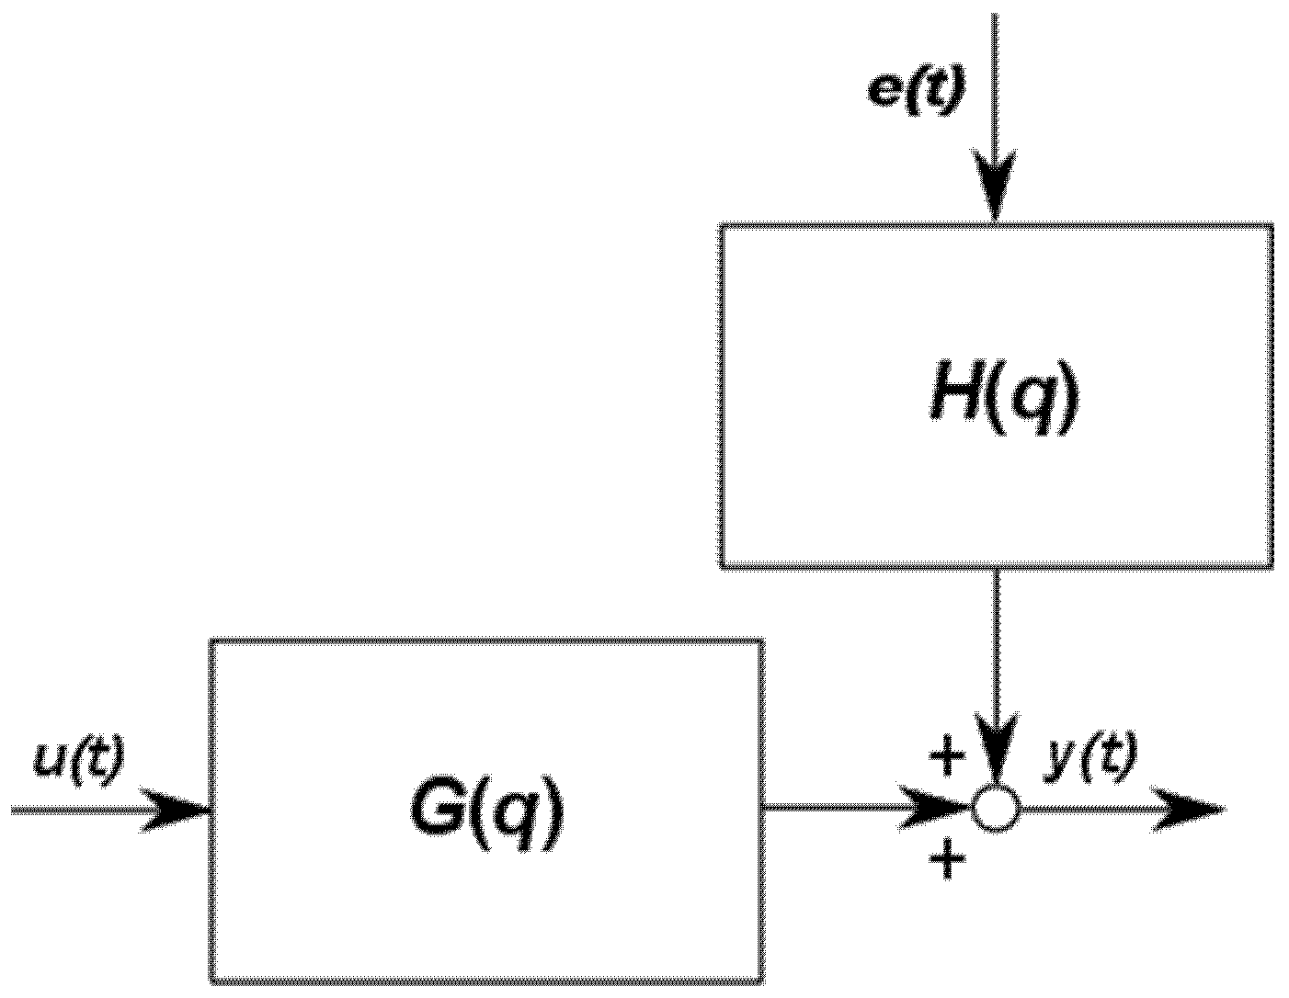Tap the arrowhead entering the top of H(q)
(x=995, y=188)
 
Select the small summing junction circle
(x=996, y=810)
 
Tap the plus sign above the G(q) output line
(x=948, y=757)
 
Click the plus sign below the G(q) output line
(x=948, y=862)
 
